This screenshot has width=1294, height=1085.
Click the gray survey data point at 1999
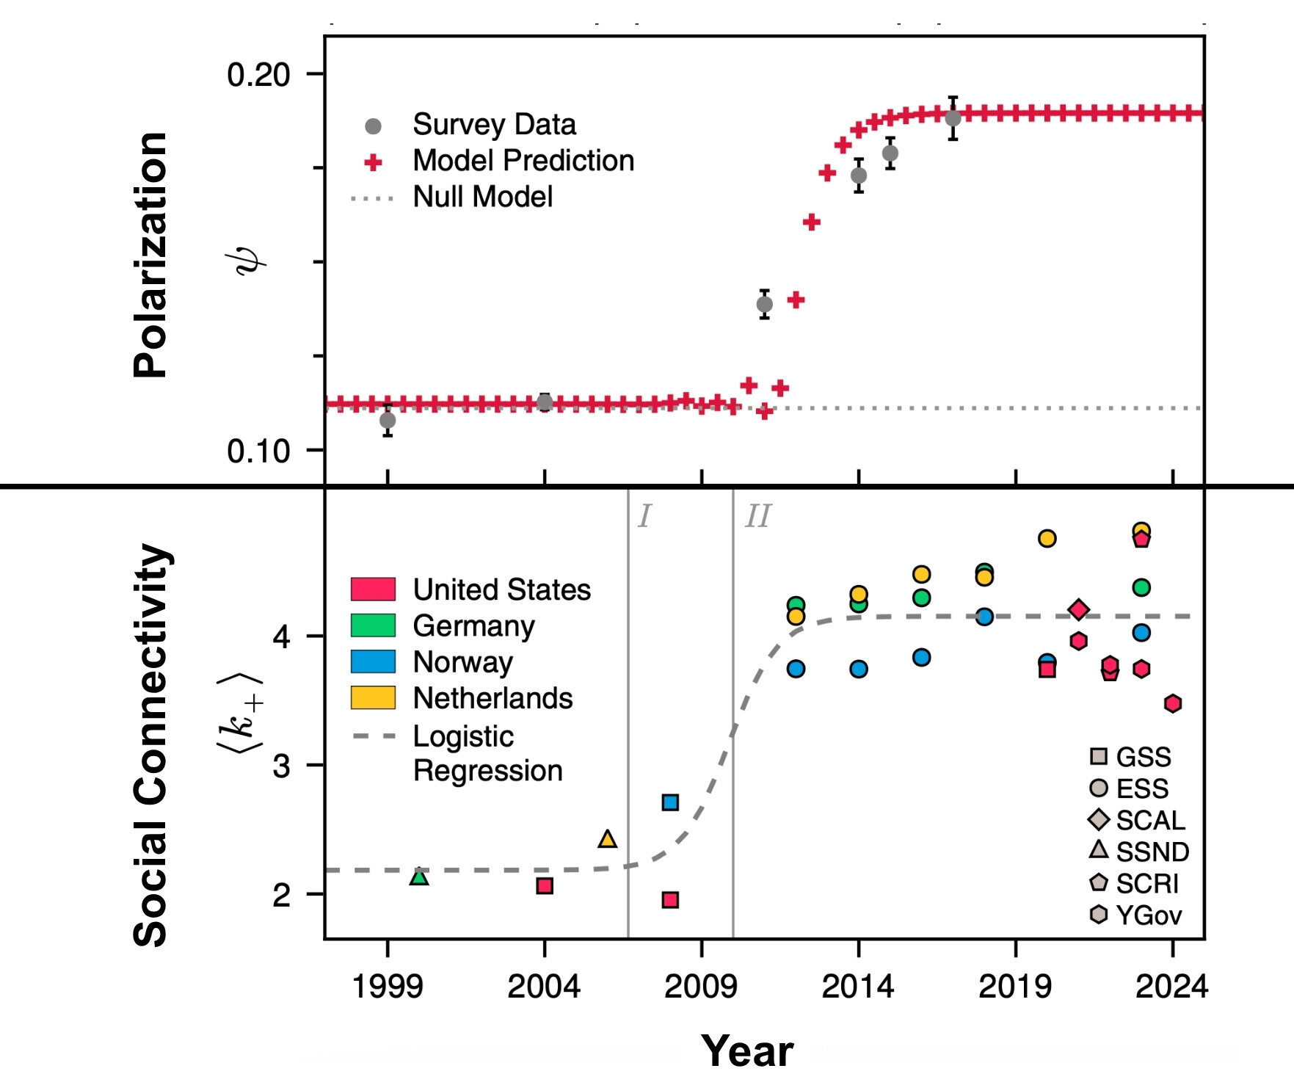388,421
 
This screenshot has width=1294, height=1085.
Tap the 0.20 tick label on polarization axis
258,74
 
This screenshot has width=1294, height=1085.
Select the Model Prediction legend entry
523,161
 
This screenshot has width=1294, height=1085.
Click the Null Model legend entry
482,197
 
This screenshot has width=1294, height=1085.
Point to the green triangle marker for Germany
419,877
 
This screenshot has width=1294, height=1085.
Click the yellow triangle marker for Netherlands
607,838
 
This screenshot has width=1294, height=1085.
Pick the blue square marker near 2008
670,802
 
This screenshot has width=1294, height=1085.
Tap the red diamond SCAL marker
1078,609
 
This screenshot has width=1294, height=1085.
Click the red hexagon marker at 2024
1173,703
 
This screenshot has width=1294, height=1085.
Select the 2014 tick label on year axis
858,986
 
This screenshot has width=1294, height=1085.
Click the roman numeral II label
757,517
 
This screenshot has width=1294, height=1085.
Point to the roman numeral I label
644,517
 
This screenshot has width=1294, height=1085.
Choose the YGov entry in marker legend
1148,915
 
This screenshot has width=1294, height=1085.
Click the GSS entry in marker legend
1143,757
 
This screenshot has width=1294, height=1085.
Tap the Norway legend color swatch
373,661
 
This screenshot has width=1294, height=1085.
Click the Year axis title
746,1050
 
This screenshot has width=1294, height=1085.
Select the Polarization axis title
151,255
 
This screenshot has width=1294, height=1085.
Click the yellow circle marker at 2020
1047,539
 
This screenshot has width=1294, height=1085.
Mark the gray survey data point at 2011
765,304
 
